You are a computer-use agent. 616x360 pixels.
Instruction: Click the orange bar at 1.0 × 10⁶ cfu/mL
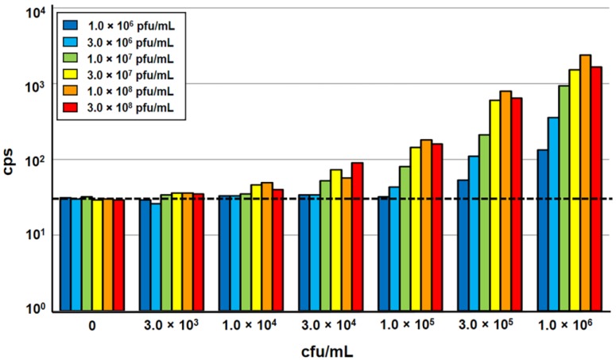585,183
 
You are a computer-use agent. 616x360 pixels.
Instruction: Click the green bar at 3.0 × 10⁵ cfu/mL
484,223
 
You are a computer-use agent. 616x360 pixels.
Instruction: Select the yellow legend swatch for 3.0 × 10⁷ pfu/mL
71,74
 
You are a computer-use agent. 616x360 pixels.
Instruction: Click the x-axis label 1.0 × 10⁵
405,326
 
